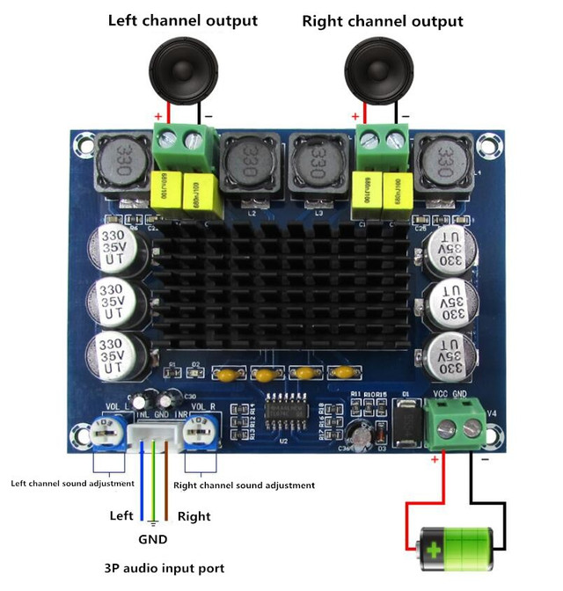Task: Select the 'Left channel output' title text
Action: pyautogui.click(x=183, y=20)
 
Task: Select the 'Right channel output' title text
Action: pyautogui.click(x=382, y=20)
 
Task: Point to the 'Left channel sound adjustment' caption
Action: pyautogui.click(x=72, y=483)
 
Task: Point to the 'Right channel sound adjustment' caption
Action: pyautogui.click(x=245, y=485)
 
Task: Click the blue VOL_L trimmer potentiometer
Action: pyautogui.click(x=105, y=430)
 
